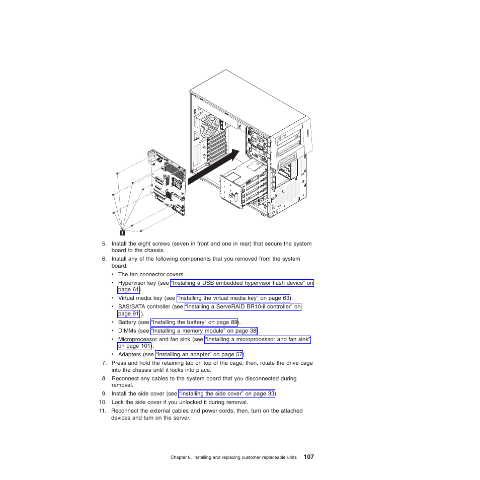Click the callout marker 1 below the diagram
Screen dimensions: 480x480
(122, 232)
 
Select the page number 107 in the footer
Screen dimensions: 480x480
(309, 457)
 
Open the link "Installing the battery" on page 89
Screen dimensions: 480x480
(194, 322)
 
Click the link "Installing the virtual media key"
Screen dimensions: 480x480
(233, 298)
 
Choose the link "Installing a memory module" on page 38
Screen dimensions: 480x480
(204, 331)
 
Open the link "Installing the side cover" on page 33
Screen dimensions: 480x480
(227, 393)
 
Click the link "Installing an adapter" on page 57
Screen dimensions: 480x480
(199, 354)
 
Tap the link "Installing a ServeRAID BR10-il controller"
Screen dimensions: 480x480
(243, 306)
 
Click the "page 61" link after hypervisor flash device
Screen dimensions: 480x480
(128, 290)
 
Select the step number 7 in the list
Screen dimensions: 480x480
(104, 362)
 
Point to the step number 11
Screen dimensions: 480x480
(102, 411)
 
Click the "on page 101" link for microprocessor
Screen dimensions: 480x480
(134, 346)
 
